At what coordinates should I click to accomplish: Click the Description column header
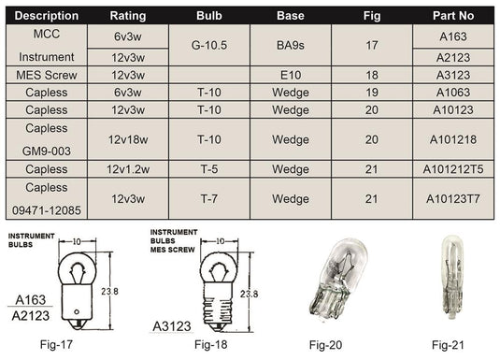pyautogui.click(x=46, y=16)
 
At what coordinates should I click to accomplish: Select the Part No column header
pyautogui.click(x=453, y=16)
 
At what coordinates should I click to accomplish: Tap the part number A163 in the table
pyautogui.click(x=453, y=36)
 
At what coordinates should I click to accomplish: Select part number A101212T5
pyautogui.click(x=453, y=168)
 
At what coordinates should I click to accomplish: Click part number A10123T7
pyautogui.click(x=453, y=198)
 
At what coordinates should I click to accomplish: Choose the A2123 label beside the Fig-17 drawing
pyautogui.click(x=32, y=315)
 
